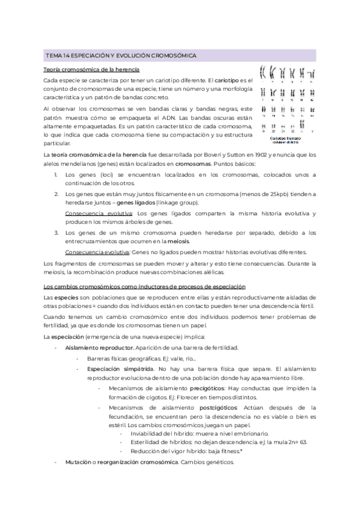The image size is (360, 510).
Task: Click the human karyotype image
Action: point(285,96)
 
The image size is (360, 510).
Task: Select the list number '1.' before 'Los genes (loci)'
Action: point(56,174)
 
